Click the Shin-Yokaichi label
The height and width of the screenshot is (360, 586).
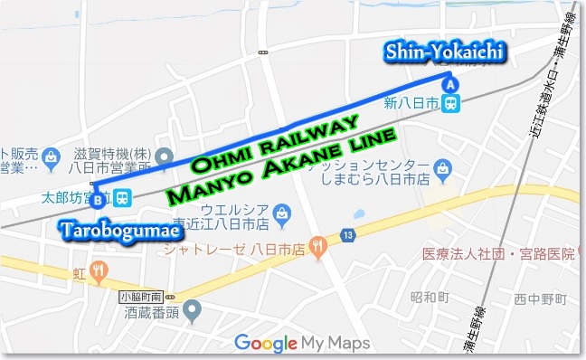click(446, 52)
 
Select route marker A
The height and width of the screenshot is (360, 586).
click(449, 85)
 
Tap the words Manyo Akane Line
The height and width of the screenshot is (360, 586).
click(284, 170)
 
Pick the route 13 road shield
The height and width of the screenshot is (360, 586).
click(347, 236)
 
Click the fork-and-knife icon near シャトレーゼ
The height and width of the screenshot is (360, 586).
click(317, 244)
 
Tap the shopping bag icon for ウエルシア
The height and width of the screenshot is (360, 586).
click(284, 214)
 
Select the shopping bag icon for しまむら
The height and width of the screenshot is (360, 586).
click(442, 167)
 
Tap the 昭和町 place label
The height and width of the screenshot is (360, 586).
click(430, 297)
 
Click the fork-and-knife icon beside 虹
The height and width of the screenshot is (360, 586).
click(100, 269)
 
